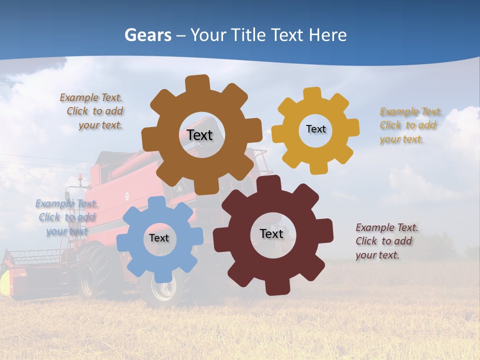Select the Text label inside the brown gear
pos(199,135)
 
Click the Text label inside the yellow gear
pos(315,129)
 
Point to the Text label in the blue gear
pos(159,238)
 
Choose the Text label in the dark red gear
pos(271,233)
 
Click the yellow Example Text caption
pos(409,125)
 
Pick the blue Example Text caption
pos(67,217)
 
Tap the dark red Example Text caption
pos(385,241)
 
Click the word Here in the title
pos(328,35)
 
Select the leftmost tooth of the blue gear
pos(123,242)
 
